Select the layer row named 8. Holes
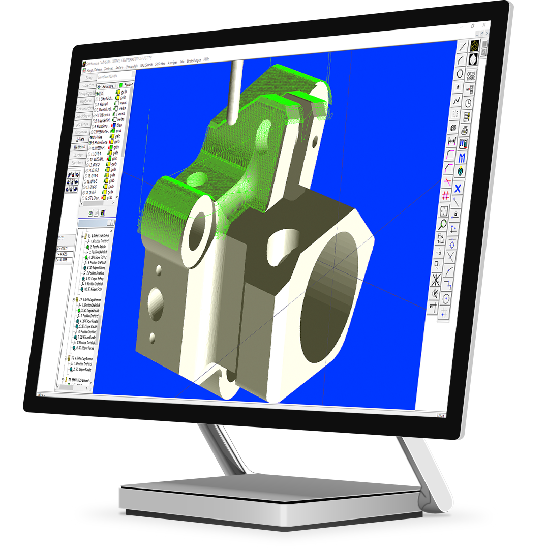98,137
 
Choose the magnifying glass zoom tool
443,224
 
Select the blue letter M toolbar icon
462,158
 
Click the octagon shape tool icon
460,74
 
